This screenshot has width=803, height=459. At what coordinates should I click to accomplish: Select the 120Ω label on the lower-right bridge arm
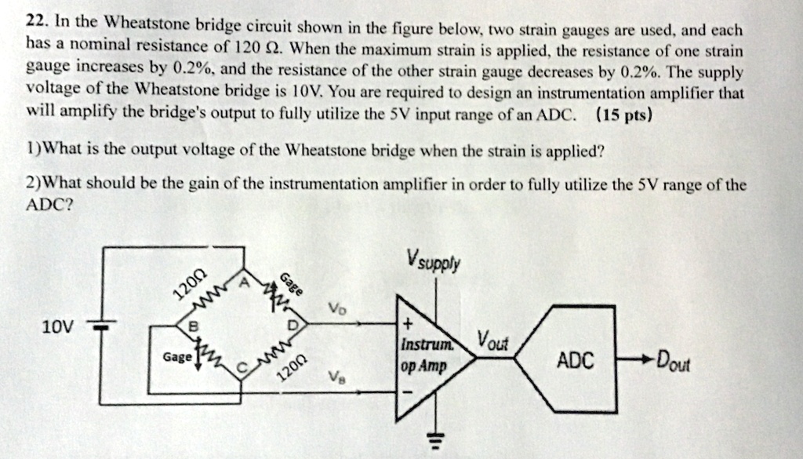(x=296, y=365)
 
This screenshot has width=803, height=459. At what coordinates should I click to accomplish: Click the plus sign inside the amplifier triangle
(x=408, y=325)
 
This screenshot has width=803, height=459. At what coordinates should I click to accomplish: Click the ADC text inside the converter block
(x=575, y=361)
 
